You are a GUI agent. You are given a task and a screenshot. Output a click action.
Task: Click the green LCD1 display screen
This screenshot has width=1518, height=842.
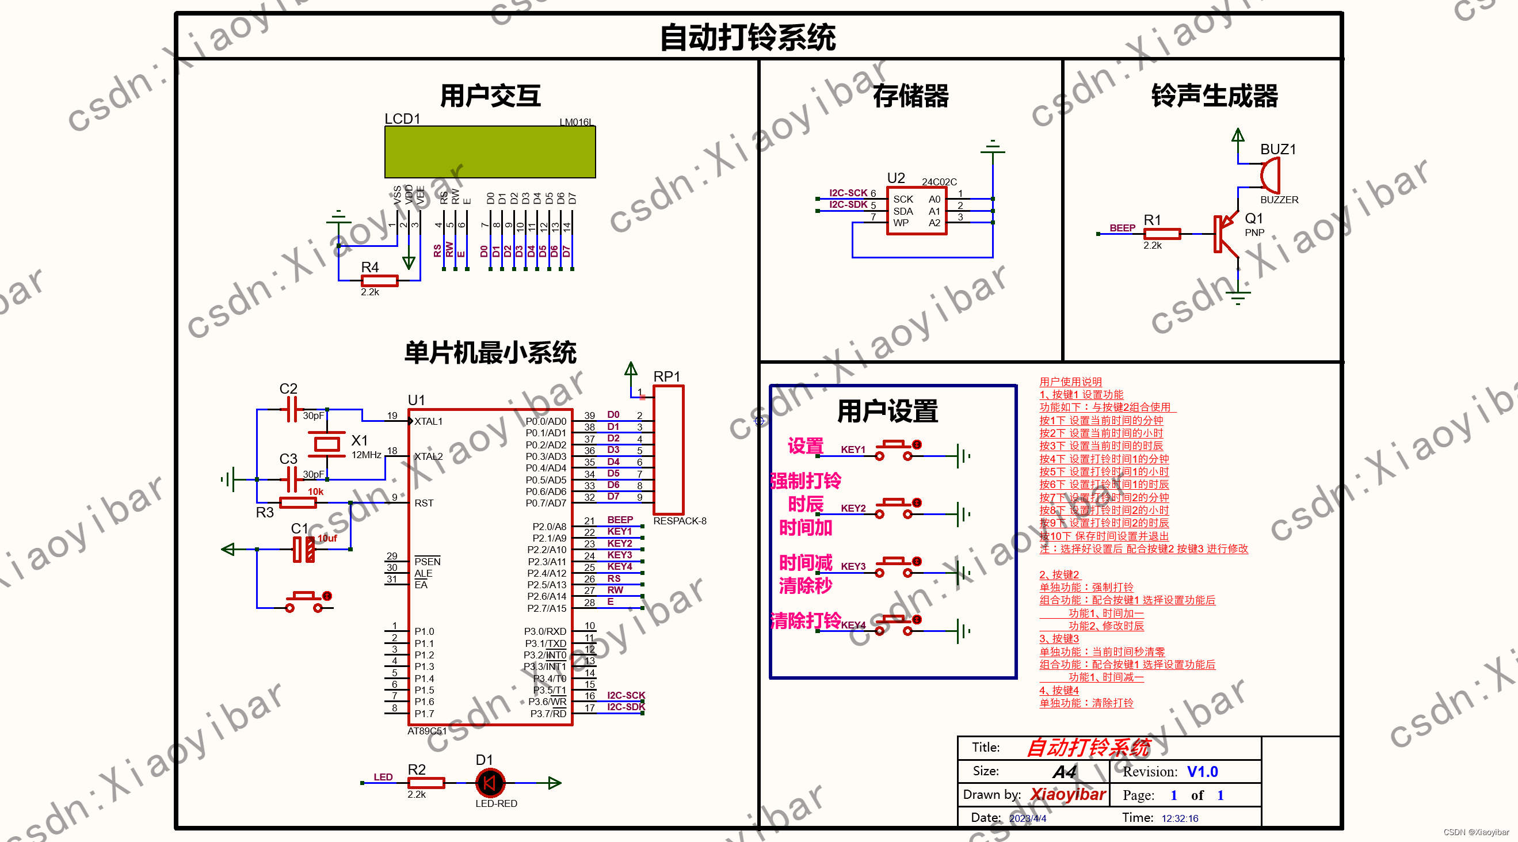pyautogui.click(x=490, y=152)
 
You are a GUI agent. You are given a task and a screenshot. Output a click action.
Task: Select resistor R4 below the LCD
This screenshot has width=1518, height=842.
pyautogui.click(x=380, y=280)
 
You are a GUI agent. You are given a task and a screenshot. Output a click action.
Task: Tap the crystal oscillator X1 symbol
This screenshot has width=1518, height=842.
pyautogui.click(x=326, y=444)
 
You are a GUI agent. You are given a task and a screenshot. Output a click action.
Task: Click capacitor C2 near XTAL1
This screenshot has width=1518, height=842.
pyautogui.click(x=291, y=409)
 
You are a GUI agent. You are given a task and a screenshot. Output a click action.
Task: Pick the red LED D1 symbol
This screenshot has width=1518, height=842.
pyautogui.click(x=490, y=783)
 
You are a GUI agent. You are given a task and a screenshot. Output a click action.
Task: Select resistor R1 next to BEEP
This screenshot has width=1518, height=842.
pyautogui.click(x=1161, y=234)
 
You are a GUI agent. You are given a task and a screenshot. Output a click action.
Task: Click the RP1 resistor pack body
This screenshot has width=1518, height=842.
pyautogui.click(x=668, y=449)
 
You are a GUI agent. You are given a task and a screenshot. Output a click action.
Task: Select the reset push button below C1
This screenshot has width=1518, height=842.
pyautogui.click(x=304, y=601)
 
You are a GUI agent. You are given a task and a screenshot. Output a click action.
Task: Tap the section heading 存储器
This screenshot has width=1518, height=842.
pyautogui.click(x=910, y=96)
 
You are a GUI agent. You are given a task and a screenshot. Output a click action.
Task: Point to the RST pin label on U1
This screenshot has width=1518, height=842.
pyautogui.click(x=424, y=503)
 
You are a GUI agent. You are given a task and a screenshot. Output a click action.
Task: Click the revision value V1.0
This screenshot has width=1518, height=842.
pyautogui.click(x=1202, y=771)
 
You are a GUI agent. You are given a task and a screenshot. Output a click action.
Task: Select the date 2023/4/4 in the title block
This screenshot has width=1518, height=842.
pyautogui.click(x=1027, y=818)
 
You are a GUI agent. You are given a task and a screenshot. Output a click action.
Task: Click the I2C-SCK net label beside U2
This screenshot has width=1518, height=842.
pyautogui.click(x=848, y=193)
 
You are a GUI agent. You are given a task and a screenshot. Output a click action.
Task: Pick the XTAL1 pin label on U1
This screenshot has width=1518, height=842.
pyautogui.click(x=428, y=421)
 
